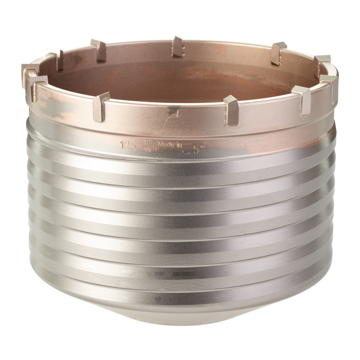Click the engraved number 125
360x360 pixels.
pyautogui.click(x=128, y=145)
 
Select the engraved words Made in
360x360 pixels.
pyautogui.click(x=167, y=144)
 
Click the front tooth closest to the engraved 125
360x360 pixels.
pyautogui.click(x=100, y=106)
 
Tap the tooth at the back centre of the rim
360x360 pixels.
pyautogui.click(x=178, y=46)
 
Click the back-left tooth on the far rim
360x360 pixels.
pyautogui.click(x=99, y=49)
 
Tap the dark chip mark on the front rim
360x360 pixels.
pyautogui.click(x=172, y=112)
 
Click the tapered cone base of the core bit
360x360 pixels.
pyautogui.click(x=180, y=331)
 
